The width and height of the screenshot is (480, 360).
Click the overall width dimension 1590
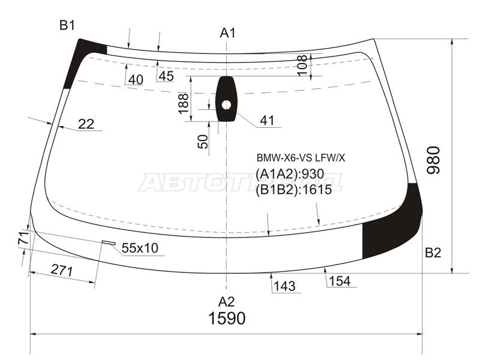pos(227,319)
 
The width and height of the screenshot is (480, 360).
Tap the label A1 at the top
pos(227,32)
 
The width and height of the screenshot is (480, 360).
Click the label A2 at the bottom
pos(226,301)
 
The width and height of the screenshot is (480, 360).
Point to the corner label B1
pos(67,25)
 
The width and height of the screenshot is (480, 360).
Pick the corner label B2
pos(433,253)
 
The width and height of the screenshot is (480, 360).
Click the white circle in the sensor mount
pos(226,105)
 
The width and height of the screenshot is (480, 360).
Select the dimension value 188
pos(184,104)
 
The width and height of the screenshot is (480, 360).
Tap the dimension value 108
pos(302,65)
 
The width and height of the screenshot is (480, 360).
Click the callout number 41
pos(267,121)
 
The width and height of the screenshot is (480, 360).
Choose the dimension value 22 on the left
pos(86,124)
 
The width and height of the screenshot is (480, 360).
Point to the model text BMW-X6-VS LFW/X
pos(301,158)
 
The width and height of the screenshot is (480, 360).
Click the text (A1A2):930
pos(290,174)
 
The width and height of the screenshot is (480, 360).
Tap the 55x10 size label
pos(139,248)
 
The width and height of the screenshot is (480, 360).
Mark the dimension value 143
pos(284,286)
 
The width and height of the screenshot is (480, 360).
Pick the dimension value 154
pos(339,281)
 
